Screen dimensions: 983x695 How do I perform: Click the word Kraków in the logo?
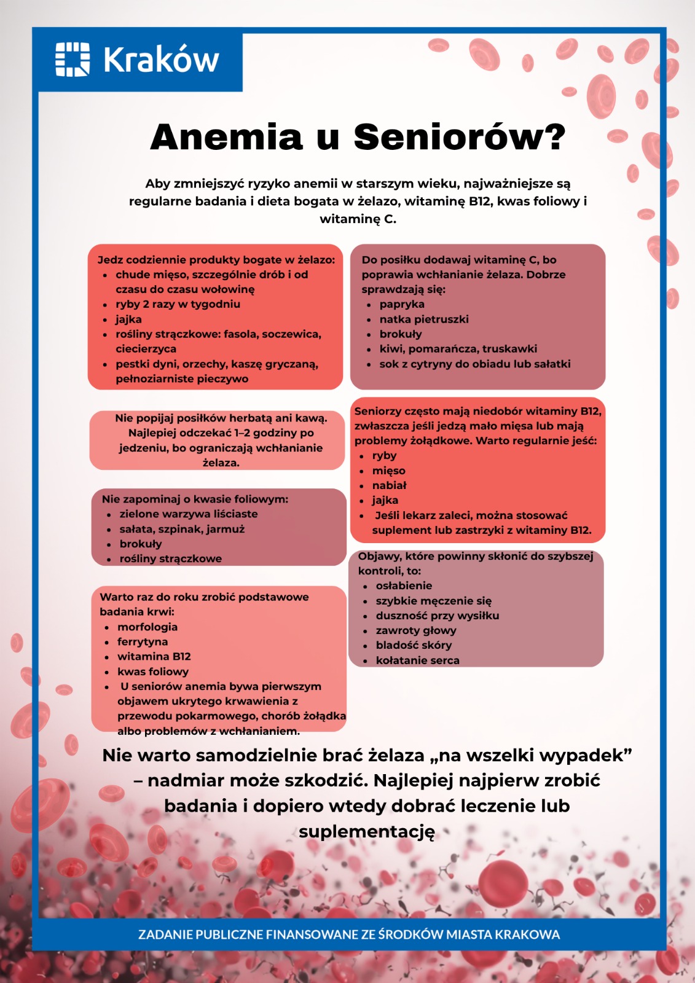coord(161,60)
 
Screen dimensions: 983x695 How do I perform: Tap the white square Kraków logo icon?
coord(73,60)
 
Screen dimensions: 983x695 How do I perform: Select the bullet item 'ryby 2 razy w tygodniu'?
coord(178,304)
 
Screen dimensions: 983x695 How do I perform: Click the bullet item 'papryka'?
coord(402,304)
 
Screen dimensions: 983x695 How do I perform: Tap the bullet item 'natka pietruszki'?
coord(424,319)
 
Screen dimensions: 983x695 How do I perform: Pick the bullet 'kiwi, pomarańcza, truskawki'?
coord(458,349)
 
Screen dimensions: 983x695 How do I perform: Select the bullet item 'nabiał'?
coord(389,485)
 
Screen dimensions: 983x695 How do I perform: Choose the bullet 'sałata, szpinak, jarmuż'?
coord(182,529)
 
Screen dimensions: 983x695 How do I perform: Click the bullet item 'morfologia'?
coord(147,627)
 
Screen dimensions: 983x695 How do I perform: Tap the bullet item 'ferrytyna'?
coord(143,641)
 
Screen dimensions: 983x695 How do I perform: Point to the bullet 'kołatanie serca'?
coord(417,660)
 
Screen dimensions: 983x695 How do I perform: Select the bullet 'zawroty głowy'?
coord(416,630)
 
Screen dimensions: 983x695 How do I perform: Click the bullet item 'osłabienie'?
coord(404,585)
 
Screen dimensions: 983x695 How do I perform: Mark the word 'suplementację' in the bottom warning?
coord(367,831)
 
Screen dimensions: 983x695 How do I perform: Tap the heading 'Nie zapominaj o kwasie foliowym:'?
coord(195,499)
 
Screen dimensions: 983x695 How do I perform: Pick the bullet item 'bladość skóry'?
coord(414,645)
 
